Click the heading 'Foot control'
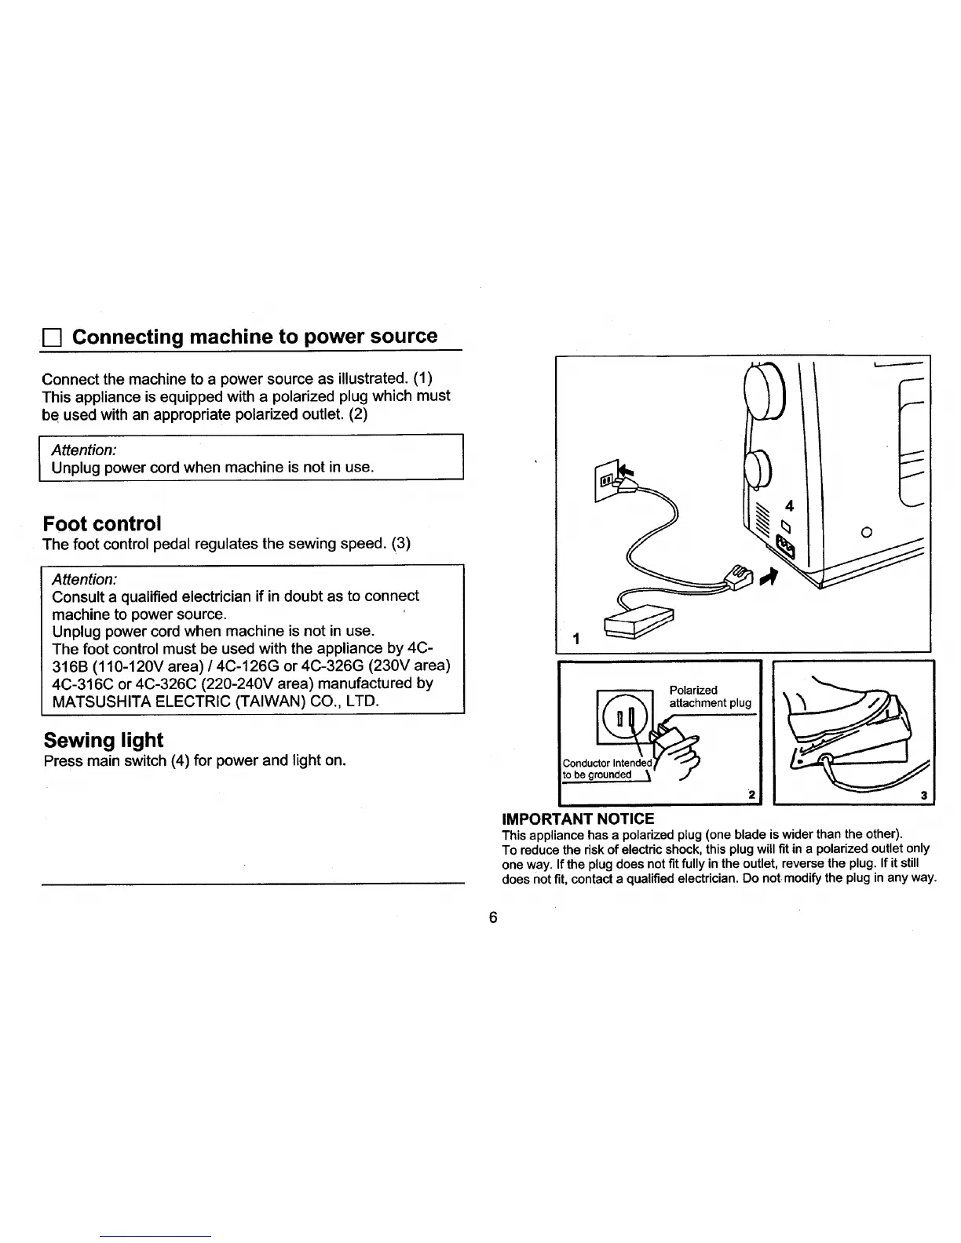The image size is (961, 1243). [103, 523]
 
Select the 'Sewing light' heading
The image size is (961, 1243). [104, 740]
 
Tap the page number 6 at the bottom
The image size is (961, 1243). [492, 918]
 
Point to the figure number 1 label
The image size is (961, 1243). [576, 639]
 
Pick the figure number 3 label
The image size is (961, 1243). [924, 796]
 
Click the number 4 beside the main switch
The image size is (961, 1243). [790, 506]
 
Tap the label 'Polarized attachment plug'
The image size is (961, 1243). [709, 696]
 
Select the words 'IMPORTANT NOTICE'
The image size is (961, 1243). [577, 819]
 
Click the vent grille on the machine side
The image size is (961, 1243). [759, 519]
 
